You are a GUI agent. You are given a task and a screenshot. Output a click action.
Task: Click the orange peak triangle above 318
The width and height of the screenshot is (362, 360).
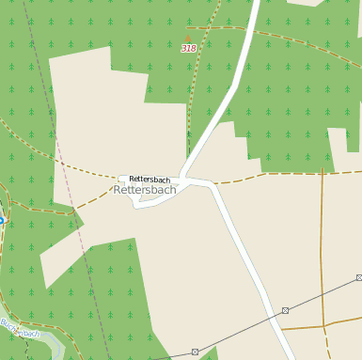186,39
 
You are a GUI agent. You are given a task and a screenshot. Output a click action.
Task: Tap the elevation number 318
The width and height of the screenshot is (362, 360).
189,48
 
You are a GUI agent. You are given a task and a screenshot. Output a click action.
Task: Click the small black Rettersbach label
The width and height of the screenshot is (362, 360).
150,179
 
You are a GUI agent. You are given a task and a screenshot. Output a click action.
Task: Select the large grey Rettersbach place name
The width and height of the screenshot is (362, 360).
145,190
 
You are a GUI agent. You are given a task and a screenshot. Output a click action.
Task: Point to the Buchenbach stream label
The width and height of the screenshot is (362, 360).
21,331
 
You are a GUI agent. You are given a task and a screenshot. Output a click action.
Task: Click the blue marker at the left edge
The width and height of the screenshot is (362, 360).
1,220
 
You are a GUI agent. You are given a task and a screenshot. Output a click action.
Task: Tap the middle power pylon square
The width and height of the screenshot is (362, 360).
285,310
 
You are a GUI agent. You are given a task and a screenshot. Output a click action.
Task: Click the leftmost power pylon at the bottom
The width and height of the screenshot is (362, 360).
195,352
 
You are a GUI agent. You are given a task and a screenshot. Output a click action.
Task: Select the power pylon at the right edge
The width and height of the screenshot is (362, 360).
359,277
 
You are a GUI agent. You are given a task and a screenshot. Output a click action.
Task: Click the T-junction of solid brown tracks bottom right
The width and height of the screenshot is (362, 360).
324,326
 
